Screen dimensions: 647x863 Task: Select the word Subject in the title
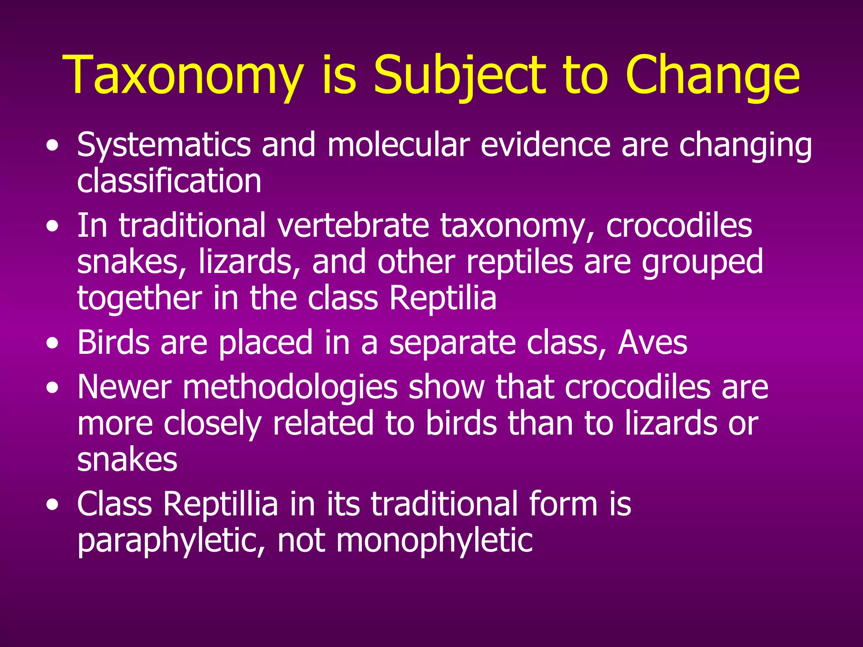tap(460, 76)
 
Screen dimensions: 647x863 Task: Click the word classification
tap(169, 181)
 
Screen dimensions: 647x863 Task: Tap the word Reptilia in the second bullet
tap(442, 298)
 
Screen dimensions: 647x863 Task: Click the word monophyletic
tap(434, 540)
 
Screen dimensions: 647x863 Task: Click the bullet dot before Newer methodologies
tap(53, 388)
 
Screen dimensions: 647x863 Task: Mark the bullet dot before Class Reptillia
tap(53, 505)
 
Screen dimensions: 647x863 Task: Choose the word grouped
tap(702, 262)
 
